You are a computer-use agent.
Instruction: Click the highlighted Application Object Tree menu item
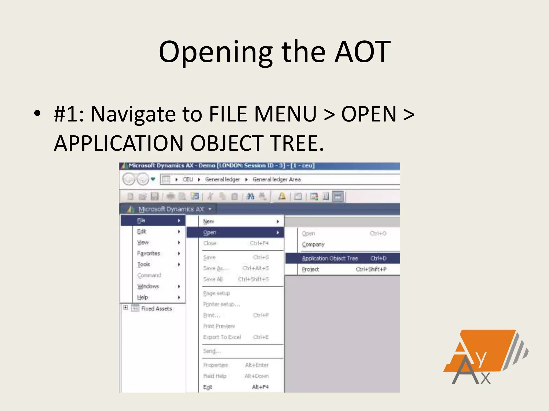[330, 258]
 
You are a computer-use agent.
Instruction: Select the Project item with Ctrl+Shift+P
[311, 269]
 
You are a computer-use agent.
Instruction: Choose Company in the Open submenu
[313, 244]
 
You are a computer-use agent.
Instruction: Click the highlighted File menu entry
[141, 220]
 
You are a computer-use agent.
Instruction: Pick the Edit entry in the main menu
[142, 231]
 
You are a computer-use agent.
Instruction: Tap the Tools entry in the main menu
[144, 264]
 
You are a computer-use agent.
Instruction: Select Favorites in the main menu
[149, 253]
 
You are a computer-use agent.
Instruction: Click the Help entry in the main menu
[143, 297]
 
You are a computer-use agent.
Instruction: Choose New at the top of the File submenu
[209, 221]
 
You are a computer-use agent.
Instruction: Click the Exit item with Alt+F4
[208, 387]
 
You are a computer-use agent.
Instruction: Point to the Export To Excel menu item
[222, 337]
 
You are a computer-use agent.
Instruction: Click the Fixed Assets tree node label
[157, 309]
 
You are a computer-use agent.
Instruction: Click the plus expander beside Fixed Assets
[125, 307]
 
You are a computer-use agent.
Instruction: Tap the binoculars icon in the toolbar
[250, 197]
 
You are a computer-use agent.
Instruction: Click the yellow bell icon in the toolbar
[282, 196]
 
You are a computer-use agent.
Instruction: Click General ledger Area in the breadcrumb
[276, 179]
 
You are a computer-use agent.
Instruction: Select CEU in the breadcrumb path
[188, 179]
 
